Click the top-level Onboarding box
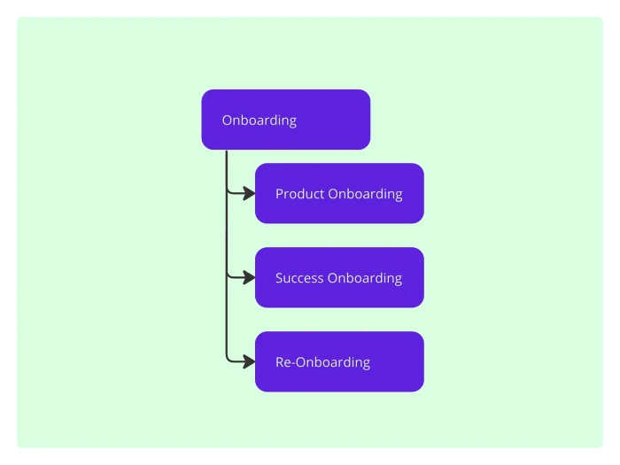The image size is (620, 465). point(285,120)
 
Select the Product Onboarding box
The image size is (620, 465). point(339,193)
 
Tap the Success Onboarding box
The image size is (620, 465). point(339,277)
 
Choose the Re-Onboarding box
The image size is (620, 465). point(339,361)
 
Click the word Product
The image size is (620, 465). point(299,193)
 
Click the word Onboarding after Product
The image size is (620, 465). point(365,193)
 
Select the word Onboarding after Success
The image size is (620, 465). point(365,277)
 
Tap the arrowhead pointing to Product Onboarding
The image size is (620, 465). point(249,192)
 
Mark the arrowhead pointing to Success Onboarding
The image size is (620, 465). point(249,276)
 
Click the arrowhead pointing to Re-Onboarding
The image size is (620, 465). point(249,360)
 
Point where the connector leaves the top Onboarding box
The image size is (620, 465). point(227,151)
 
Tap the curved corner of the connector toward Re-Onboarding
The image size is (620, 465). point(229,359)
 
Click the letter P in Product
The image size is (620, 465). point(279,193)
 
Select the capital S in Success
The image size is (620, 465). point(280,277)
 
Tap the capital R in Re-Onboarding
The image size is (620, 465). point(280,361)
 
